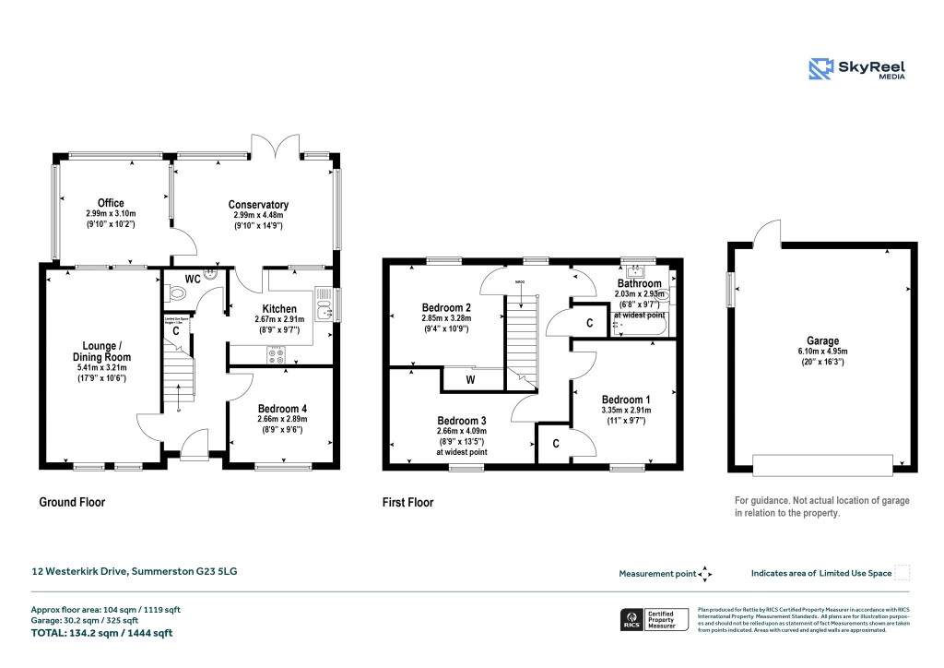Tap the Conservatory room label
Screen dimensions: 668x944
point(259,205)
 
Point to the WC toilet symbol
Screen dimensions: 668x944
point(179,293)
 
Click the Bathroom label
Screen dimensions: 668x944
point(639,283)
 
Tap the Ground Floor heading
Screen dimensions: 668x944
point(72,503)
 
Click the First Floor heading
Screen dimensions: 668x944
point(407,503)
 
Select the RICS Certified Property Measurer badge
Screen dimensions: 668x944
point(653,619)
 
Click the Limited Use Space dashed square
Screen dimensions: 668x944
point(903,573)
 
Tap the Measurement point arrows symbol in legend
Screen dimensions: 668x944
point(705,574)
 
